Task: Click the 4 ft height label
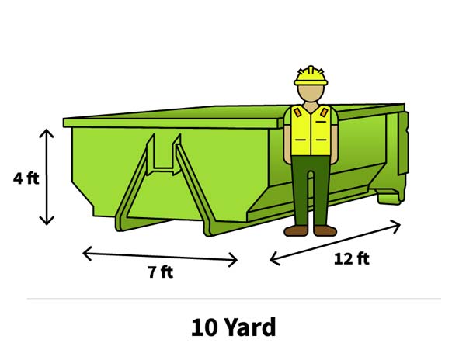point(26,178)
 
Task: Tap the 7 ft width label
point(161,272)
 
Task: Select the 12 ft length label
point(352,258)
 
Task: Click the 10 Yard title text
point(234,327)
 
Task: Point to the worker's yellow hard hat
point(311,76)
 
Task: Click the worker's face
point(311,93)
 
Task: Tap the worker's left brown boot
point(296,230)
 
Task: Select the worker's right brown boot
point(325,230)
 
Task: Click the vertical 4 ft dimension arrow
point(47,177)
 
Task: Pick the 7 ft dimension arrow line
point(160,257)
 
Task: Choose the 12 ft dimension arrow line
point(336,242)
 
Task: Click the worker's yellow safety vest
point(311,130)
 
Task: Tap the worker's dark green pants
point(311,190)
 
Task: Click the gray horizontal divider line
point(234,299)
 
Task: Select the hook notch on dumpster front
point(163,154)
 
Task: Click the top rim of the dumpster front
point(171,123)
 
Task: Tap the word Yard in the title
point(250,327)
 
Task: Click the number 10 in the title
point(203,327)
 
